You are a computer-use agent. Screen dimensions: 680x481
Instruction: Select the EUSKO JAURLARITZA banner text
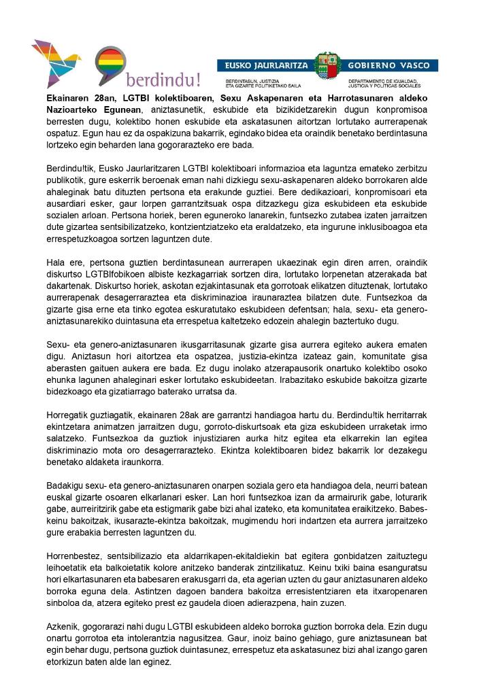[x=263, y=66]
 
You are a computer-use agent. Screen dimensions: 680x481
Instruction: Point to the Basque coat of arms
[x=329, y=67]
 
